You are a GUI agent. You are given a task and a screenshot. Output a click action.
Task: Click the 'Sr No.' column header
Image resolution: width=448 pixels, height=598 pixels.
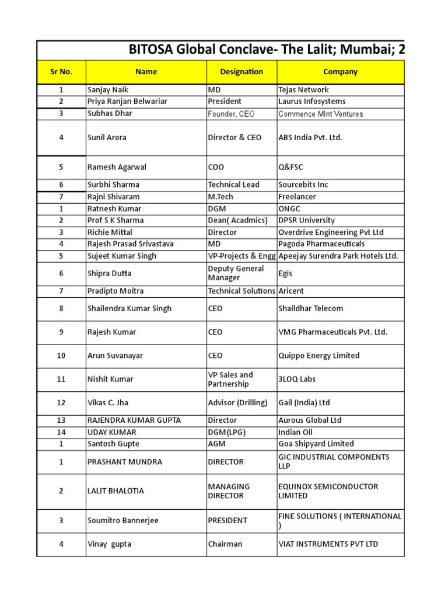point(61,72)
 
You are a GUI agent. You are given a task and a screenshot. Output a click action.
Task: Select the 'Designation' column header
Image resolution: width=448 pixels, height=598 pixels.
point(242,72)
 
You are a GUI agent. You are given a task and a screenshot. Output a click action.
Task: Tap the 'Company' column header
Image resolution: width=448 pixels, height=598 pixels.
point(340,72)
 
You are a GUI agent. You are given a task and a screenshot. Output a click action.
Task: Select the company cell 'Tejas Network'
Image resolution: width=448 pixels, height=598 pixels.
point(303,90)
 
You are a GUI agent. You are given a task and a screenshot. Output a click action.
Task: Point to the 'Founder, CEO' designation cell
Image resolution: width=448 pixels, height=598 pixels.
point(231,114)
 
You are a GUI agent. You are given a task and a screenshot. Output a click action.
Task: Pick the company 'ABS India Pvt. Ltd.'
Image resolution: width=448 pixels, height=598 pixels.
point(310,138)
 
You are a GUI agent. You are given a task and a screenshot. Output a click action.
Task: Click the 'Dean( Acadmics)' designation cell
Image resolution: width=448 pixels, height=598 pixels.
point(237,220)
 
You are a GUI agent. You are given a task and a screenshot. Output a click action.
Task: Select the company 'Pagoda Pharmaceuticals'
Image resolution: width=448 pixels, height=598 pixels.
point(321,244)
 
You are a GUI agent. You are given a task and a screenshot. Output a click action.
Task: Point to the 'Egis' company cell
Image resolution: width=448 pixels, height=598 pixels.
point(286,273)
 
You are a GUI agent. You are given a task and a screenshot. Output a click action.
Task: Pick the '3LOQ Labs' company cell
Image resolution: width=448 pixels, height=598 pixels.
point(297,379)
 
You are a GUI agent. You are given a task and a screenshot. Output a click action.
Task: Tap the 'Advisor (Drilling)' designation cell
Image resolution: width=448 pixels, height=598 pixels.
point(237,402)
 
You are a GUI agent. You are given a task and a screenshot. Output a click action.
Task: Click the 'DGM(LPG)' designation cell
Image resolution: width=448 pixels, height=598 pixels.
point(228,432)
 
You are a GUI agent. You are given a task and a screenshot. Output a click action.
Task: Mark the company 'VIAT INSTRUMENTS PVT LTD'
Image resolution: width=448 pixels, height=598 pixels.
point(328,544)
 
